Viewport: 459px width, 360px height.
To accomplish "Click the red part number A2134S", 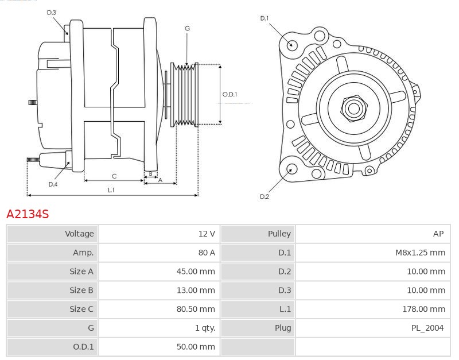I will [28, 214].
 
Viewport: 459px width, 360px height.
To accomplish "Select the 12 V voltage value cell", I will [207, 234].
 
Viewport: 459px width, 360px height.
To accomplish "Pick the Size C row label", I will [81, 309].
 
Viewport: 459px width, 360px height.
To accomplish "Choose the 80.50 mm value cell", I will [196, 309].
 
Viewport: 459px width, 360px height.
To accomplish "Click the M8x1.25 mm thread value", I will [421, 253].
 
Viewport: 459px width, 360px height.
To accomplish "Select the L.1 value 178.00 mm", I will [423, 309].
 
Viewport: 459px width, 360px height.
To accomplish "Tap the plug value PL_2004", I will [427, 328].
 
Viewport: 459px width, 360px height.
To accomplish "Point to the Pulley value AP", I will [438, 234].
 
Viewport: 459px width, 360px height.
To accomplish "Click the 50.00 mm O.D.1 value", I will [196, 347].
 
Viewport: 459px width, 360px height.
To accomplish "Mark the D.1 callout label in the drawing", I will [264, 18].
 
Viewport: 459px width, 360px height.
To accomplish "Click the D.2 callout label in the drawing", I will [264, 196].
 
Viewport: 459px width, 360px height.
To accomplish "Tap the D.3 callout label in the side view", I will [52, 12].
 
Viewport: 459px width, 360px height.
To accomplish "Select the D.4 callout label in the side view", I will [53, 184].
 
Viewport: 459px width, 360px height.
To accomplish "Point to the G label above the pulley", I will [187, 28].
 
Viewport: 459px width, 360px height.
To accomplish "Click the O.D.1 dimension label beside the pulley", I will [229, 95].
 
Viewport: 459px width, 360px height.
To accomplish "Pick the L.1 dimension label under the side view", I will [111, 190].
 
